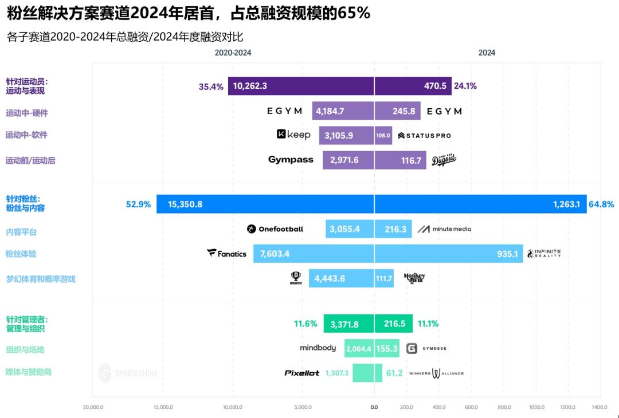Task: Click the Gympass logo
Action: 291,160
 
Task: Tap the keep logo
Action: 293,135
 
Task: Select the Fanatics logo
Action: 227,253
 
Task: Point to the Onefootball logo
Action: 275,229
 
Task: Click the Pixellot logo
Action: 301,373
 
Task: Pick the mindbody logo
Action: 318,348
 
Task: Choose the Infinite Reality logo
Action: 544,253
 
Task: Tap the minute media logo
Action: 444,229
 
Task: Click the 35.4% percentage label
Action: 211,86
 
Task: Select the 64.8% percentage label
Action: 601,204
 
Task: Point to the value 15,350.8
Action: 185,204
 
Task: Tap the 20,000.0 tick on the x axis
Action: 93,407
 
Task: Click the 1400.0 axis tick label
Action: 600,407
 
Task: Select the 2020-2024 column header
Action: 233,53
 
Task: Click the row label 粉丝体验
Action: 21,254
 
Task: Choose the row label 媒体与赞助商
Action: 29,372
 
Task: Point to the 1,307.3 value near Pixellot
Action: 336,373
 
